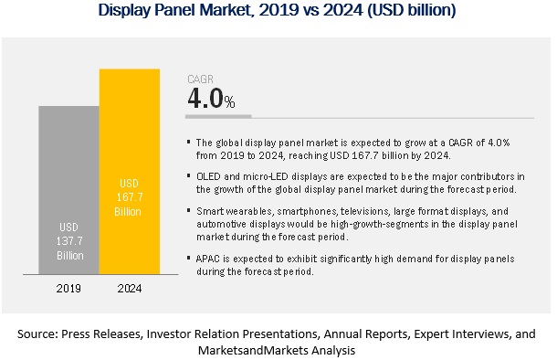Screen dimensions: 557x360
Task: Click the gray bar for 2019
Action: pyautogui.click(x=68, y=190)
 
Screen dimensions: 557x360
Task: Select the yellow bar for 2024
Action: pyautogui.click(x=130, y=171)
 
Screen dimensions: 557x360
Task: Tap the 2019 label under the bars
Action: pyautogui.click(x=68, y=288)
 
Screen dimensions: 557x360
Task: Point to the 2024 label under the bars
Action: pyautogui.click(x=130, y=288)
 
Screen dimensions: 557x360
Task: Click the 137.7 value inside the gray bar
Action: pyautogui.click(x=69, y=241)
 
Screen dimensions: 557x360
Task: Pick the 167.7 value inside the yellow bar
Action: pyautogui.click(x=130, y=197)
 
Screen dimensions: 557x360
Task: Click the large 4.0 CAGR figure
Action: pyautogui.click(x=205, y=98)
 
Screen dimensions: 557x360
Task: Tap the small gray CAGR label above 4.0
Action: pyautogui.click(x=200, y=79)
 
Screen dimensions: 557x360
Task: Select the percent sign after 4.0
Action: pyautogui.click(x=229, y=102)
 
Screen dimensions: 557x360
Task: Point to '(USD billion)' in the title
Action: pyautogui.click(x=411, y=10)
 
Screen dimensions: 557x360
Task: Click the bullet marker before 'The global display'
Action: pyautogui.click(x=189, y=143)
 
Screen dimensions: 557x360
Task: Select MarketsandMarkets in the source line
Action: pyautogui.click(x=253, y=350)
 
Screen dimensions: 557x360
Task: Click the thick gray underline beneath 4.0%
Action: pyautogui.click(x=218, y=116)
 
